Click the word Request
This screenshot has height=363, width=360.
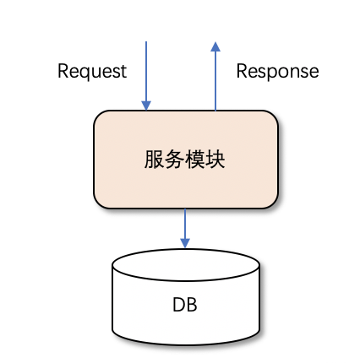(x=92, y=72)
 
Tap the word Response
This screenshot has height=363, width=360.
(x=277, y=72)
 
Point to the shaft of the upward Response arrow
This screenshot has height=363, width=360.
(x=215, y=81)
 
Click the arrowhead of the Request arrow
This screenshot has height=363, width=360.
(x=146, y=106)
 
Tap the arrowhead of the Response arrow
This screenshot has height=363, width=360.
(x=215, y=46)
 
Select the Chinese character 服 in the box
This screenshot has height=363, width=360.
(x=154, y=160)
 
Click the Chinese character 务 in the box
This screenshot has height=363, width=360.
(x=174, y=160)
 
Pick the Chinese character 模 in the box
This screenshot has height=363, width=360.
(x=194, y=160)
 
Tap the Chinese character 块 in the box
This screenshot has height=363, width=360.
(x=215, y=160)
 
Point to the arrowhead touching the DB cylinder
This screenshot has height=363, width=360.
(x=185, y=243)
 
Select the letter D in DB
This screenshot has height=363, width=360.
(x=178, y=305)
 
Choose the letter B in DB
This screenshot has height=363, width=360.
(x=192, y=305)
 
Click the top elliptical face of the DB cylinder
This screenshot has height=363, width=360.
(x=186, y=264)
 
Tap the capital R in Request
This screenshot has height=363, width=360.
(x=63, y=71)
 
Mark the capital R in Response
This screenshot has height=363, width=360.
(x=242, y=71)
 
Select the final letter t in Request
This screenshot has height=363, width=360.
(x=123, y=72)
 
